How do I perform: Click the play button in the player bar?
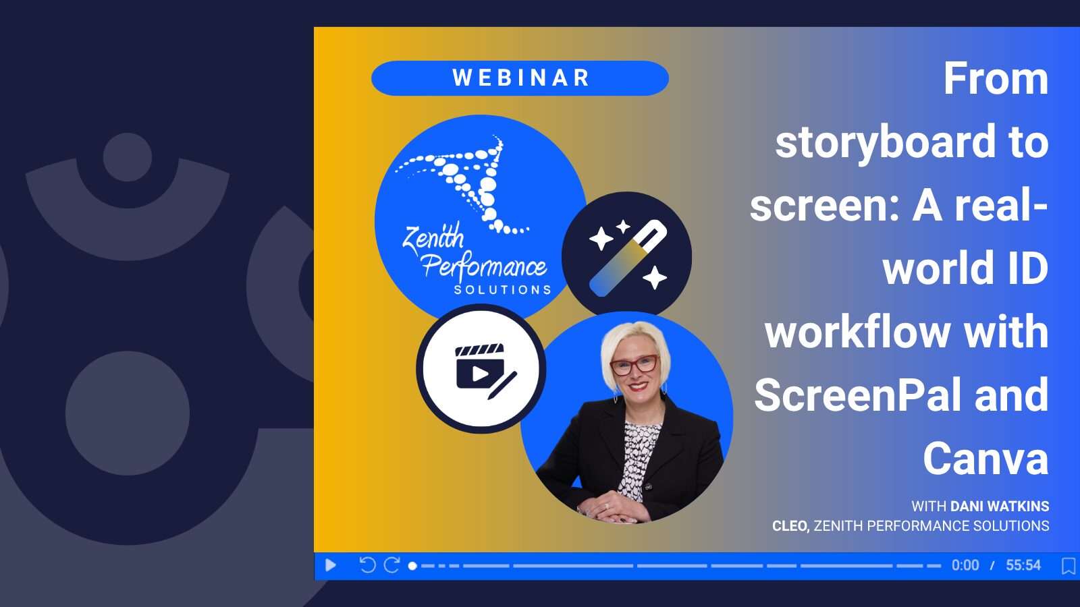[331, 565]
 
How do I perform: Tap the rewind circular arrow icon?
[367, 565]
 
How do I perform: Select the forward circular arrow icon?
[391, 565]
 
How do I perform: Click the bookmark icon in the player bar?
[1069, 566]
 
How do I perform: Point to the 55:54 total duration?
[1023, 565]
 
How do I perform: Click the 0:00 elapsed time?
[965, 565]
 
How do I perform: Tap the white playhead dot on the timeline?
[412, 566]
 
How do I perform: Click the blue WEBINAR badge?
[520, 78]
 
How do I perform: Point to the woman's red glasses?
[634, 365]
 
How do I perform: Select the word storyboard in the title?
[885, 142]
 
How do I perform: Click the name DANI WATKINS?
[1000, 507]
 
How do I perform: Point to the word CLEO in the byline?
[790, 526]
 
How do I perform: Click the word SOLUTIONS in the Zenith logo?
[503, 289]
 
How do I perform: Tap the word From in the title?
[996, 78]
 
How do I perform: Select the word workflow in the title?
[858, 332]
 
